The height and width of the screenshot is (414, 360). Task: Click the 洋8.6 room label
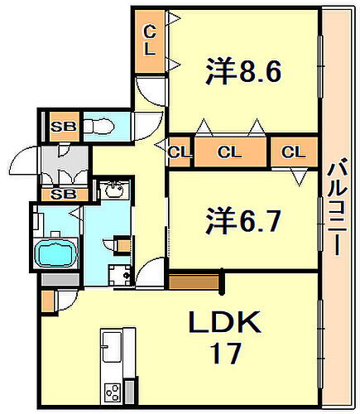(244, 72)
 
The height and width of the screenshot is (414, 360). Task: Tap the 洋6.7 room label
(244, 221)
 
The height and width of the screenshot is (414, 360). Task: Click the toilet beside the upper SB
(103, 128)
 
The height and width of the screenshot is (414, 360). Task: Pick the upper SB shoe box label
(60, 128)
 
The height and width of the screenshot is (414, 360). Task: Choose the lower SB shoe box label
(60, 194)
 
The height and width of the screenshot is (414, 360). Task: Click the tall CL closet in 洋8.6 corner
(150, 40)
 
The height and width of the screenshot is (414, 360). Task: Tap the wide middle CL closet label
(230, 152)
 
